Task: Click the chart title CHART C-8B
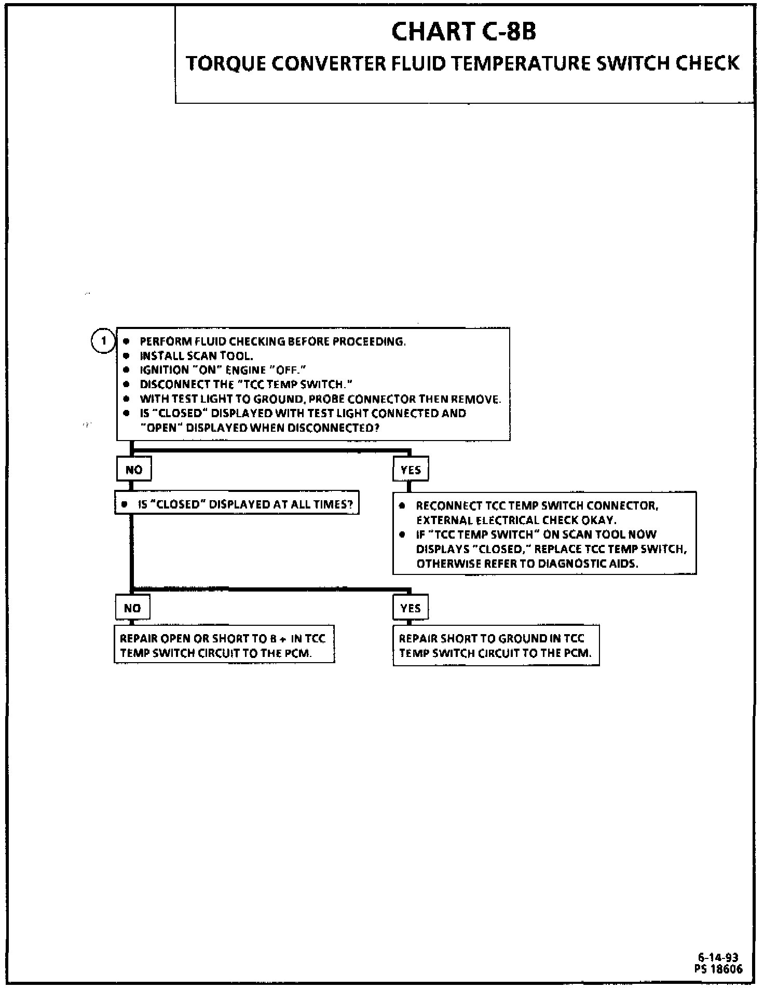coord(463,32)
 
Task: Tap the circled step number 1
coord(104,341)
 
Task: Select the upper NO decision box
coord(133,470)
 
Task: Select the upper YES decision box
coord(411,470)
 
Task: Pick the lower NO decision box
coord(132,608)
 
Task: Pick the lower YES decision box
coord(411,608)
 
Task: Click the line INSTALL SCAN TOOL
coord(196,356)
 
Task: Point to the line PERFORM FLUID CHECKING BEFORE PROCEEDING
coord(272,341)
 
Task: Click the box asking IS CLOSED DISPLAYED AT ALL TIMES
coord(237,504)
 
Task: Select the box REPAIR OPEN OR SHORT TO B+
coord(224,645)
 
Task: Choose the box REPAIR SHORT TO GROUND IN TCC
coord(496,646)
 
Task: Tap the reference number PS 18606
coord(718,968)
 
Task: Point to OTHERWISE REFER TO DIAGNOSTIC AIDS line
coord(527,564)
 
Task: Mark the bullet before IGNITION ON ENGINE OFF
coord(126,371)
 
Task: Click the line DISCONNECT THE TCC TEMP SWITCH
coord(246,385)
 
